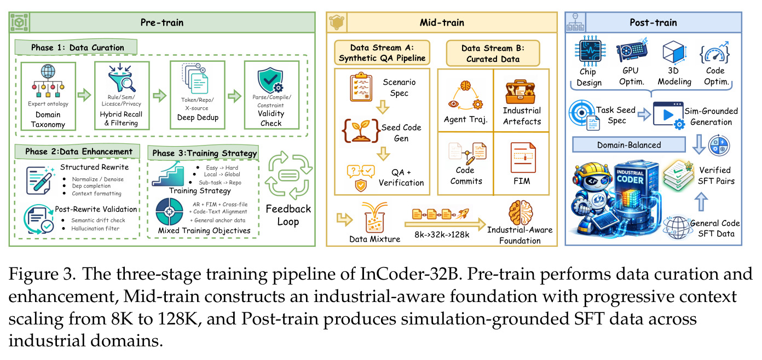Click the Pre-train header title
point(162,22)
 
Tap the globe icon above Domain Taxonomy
point(48,72)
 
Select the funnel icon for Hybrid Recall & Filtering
point(121,79)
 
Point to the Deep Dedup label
point(198,117)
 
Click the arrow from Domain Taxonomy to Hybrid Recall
point(84,96)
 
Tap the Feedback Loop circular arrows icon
point(288,176)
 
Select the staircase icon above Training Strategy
point(168,174)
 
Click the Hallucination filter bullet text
point(95,229)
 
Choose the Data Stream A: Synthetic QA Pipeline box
point(382,53)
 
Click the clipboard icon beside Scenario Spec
point(361,87)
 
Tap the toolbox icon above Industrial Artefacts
point(521,92)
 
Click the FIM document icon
point(523,158)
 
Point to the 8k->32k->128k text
point(442,235)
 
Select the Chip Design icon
point(590,51)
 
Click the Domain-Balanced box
point(629,145)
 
